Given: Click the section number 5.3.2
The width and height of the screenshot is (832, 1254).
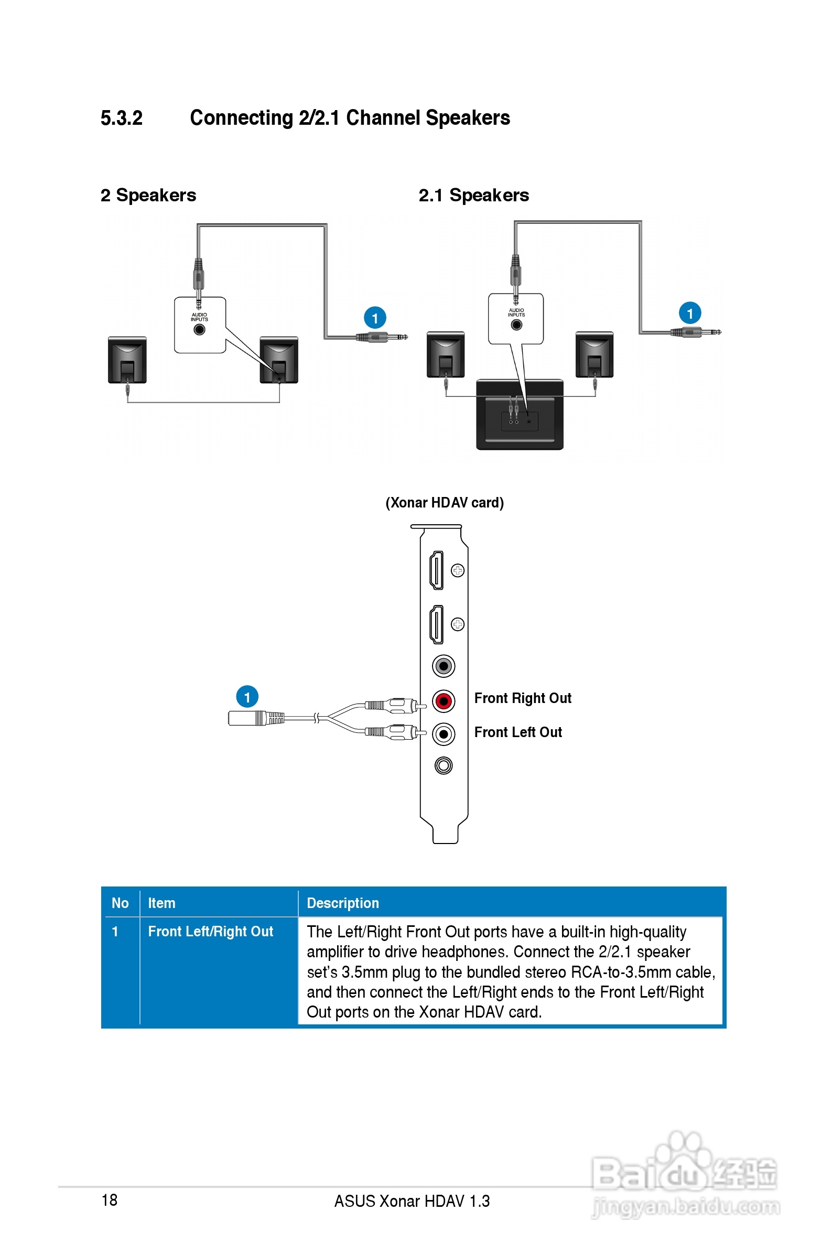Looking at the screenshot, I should pyautogui.click(x=122, y=118).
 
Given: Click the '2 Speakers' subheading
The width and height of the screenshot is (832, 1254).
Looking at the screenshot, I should pyautogui.click(x=148, y=195).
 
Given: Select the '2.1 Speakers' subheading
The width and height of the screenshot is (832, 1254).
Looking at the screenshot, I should pyautogui.click(x=473, y=195).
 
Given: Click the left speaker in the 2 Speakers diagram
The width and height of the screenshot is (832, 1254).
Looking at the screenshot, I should pyautogui.click(x=127, y=359).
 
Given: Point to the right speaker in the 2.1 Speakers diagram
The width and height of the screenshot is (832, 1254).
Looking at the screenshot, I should pyautogui.click(x=595, y=354).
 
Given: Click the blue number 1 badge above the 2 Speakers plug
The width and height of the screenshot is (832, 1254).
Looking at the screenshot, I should pyautogui.click(x=375, y=318).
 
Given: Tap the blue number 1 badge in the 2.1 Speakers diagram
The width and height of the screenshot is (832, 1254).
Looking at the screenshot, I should pyautogui.click(x=690, y=313).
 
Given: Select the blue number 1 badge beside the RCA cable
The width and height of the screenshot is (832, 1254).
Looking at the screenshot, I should pyautogui.click(x=247, y=697).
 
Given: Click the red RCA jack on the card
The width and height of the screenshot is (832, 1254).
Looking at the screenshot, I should pyautogui.click(x=444, y=701).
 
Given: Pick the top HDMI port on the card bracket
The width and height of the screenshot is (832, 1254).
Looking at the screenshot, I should pyautogui.click(x=437, y=570).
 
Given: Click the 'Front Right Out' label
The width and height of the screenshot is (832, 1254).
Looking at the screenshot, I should pyautogui.click(x=523, y=698).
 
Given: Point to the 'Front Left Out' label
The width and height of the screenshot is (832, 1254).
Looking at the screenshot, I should pyautogui.click(x=518, y=732).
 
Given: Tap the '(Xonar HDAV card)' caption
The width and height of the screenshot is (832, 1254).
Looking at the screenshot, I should pyautogui.click(x=445, y=502).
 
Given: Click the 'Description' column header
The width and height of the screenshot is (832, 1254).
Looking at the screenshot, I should pyautogui.click(x=343, y=903).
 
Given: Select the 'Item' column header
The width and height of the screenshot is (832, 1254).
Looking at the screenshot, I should pyautogui.click(x=161, y=903).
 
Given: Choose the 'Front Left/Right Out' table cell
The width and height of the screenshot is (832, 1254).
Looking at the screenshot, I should pyautogui.click(x=210, y=932).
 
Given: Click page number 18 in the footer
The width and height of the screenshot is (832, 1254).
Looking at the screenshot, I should pyautogui.click(x=109, y=1200).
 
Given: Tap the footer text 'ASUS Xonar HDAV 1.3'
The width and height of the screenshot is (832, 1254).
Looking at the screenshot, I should pyautogui.click(x=412, y=1201).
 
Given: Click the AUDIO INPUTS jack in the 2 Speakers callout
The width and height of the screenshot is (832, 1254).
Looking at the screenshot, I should pyautogui.click(x=200, y=329).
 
